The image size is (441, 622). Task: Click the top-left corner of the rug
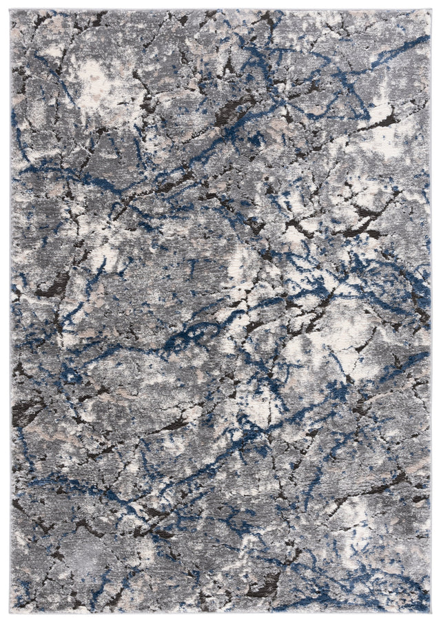coord(12,10)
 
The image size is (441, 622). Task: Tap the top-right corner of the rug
coord(430,10)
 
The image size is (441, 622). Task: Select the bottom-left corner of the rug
coord(12,612)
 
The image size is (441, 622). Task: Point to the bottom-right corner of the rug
coord(430,612)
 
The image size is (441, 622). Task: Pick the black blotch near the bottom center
coord(265,585)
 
